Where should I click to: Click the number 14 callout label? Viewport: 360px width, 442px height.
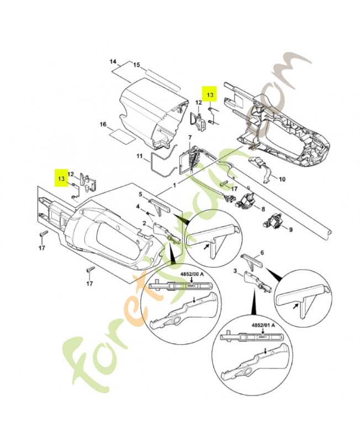[113, 61]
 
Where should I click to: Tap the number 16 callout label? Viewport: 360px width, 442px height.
[103, 125]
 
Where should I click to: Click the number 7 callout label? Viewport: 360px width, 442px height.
[189, 136]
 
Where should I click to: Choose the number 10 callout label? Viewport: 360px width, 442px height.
[282, 180]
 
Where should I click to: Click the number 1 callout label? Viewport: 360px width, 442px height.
[174, 185]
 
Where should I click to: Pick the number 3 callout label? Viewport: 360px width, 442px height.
[235, 271]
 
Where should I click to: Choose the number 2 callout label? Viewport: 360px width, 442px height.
[144, 222]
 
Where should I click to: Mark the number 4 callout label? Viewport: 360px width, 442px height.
[138, 207]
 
